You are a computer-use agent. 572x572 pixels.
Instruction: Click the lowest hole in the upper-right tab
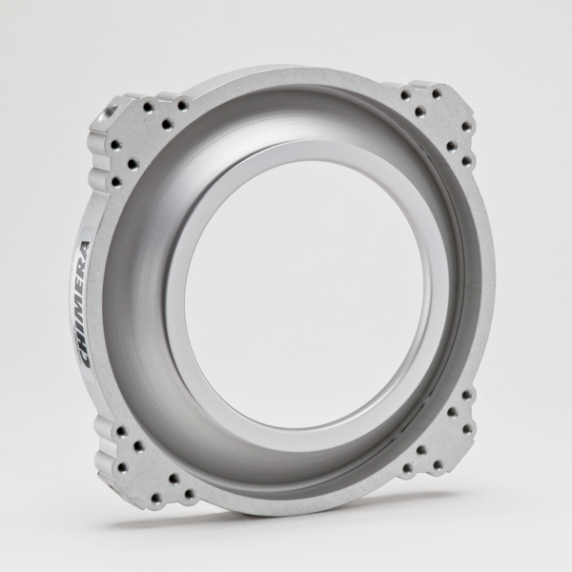coord(467,161)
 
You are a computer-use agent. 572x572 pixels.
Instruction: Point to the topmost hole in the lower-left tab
coord(121,431)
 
